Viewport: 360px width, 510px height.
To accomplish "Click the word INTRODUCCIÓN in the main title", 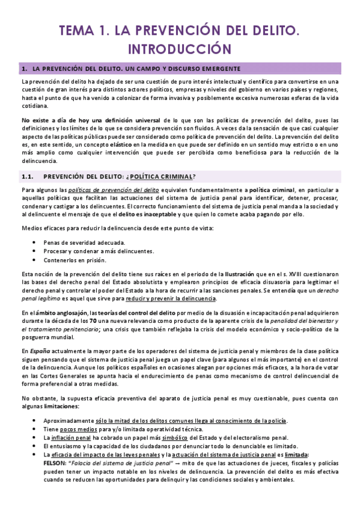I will pos(180,47).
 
